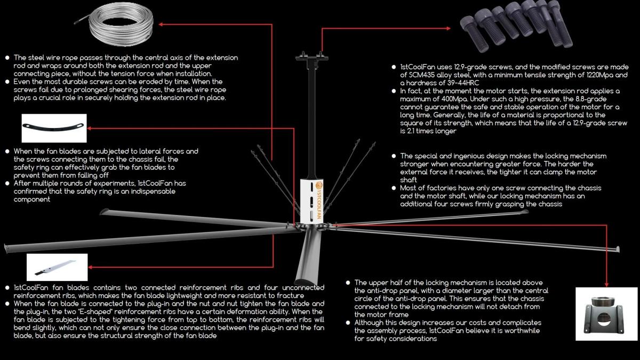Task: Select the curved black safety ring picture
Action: pyautogui.click(x=54, y=128)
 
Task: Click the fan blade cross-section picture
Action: pyautogui.click(x=57, y=267)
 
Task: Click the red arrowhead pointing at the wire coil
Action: pyautogui.click(x=161, y=25)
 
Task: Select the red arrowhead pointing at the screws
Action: pyautogui.click(x=449, y=28)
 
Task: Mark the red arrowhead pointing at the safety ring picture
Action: pyautogui.click(x=89, y=129)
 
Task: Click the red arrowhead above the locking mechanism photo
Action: pyautogui.click(x=606, y=285)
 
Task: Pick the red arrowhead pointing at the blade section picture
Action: pyautogui.click(x=90, y=267)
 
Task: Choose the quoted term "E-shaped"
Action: pyautogui.click(x=94, y=311)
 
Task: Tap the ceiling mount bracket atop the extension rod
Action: pyautogui.click(x=311, y=58)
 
